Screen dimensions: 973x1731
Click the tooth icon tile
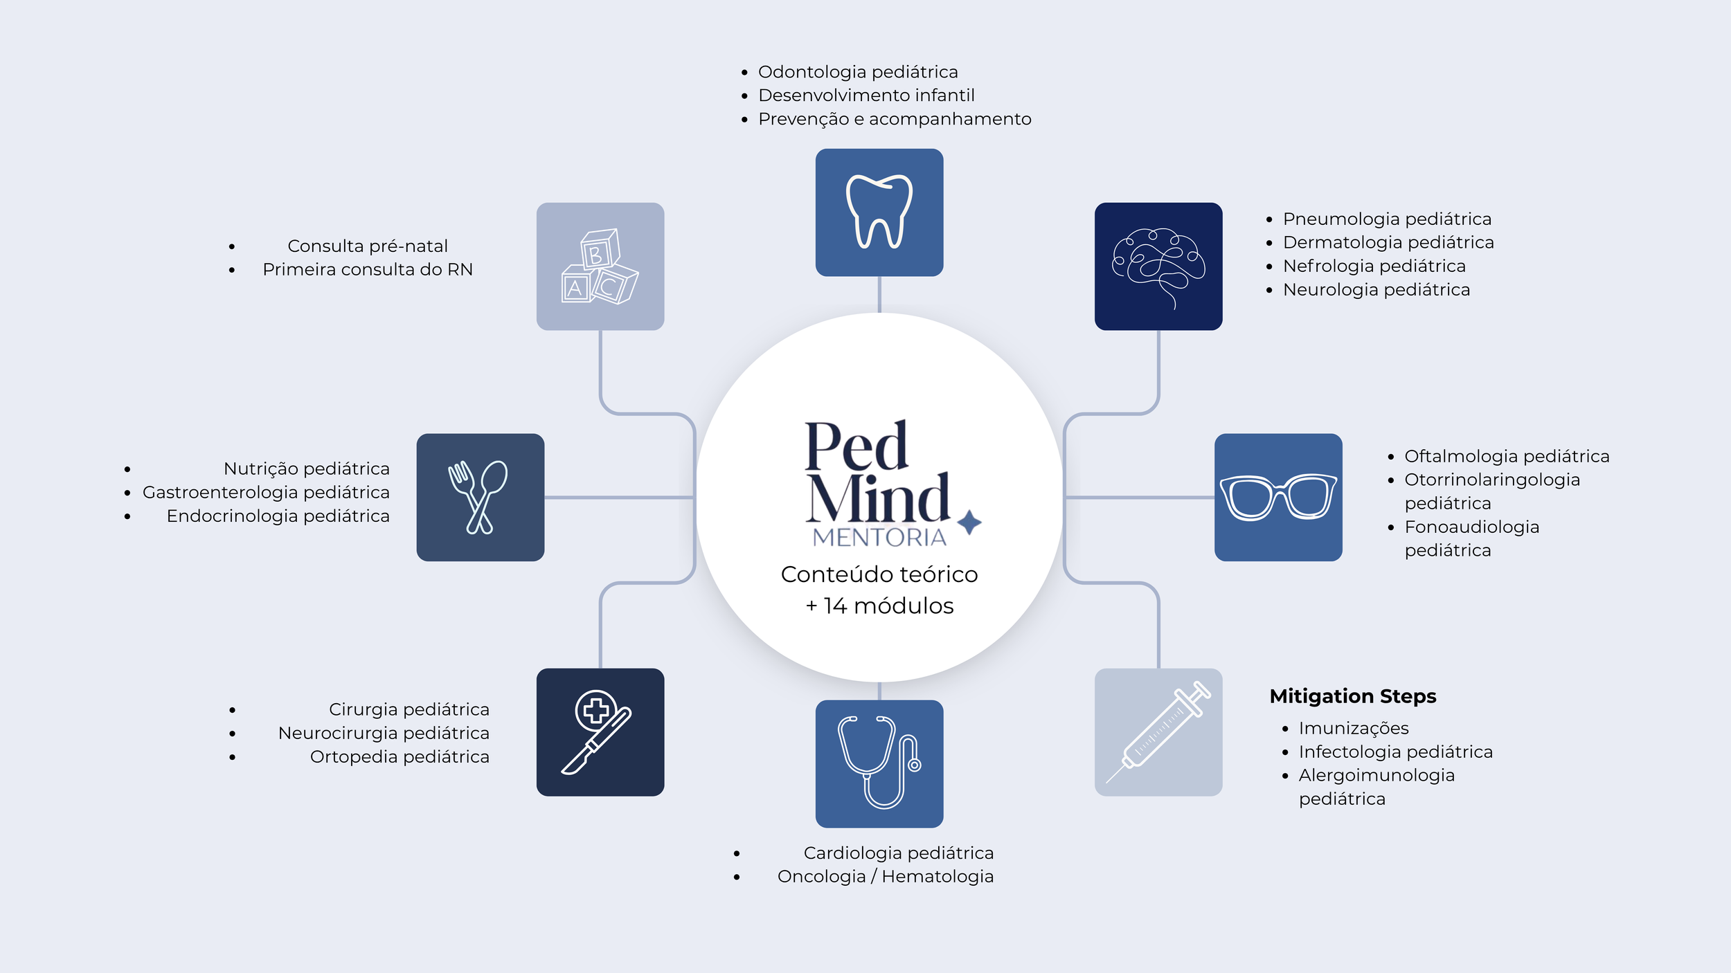pyautogui.click(x=879, y=212)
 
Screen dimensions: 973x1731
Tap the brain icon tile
pyautogui.click(x=1158, y=266)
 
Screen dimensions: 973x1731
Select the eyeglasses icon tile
pyautogui.click(x=1277, y=497)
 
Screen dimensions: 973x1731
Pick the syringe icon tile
pyautogui.click(x=1158, y=731)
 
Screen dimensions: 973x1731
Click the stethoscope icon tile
pyautogui.click(x=879, y=763)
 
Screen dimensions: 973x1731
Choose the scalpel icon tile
pyautogui.click(x=600, y=731)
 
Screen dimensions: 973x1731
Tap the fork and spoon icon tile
pyautogui.click(x=480, y=497)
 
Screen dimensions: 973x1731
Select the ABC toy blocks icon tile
pyautogui.click(x=600, y=266)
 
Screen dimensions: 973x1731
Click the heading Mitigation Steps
pyautogui.click(x=1352, y=695)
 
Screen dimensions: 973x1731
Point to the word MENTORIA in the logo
pyautogui.click(x=879, y=537)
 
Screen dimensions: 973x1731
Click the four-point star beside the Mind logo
pyautogui.click(x=969, y=522)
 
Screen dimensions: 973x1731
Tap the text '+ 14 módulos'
pyautogui.click(x=879, y=606)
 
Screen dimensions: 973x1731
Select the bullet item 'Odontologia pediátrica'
pyautogui.click(x=858, y=72)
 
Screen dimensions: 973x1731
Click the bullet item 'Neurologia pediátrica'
pyautogui.click(x=1376, y=289)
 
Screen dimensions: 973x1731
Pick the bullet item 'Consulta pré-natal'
pyautogui.click(x=367, y=246)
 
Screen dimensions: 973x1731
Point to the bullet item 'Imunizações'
pyautogui.click(x=1353, y=728)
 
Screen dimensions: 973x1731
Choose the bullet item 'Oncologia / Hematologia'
pyautogui.click(x=885, y=876)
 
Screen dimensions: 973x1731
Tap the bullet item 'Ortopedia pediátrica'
pyautogui.click(x=400, y=756)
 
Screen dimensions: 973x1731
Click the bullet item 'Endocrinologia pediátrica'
pyautogui.click(x=278, y=516)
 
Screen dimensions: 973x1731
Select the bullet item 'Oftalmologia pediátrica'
pyautogui.click(x=1506, y=456)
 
